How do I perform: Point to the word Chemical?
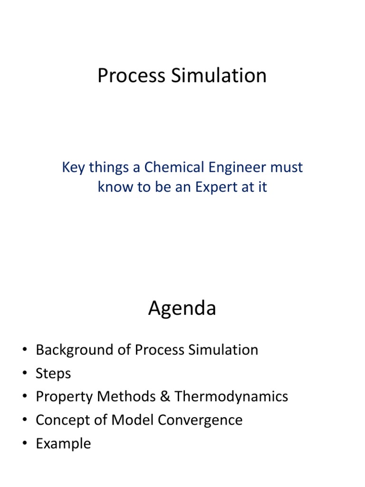(172, 167)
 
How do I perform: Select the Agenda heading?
(182, 309)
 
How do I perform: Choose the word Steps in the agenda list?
(53, 373)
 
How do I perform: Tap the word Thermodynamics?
(231, 397)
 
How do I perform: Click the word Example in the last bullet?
(63, 444)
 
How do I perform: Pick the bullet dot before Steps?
(24, 374)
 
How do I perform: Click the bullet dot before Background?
(24, 351)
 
